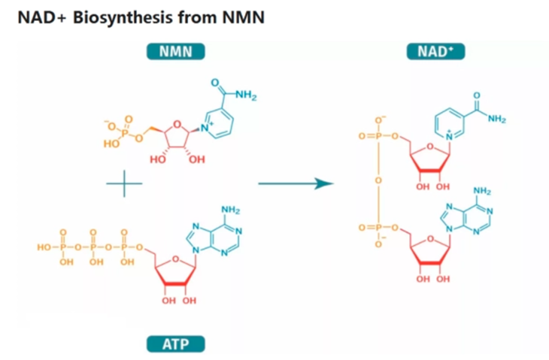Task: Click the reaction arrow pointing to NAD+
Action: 296,183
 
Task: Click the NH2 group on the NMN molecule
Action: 246,95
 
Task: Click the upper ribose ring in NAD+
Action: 431,162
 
